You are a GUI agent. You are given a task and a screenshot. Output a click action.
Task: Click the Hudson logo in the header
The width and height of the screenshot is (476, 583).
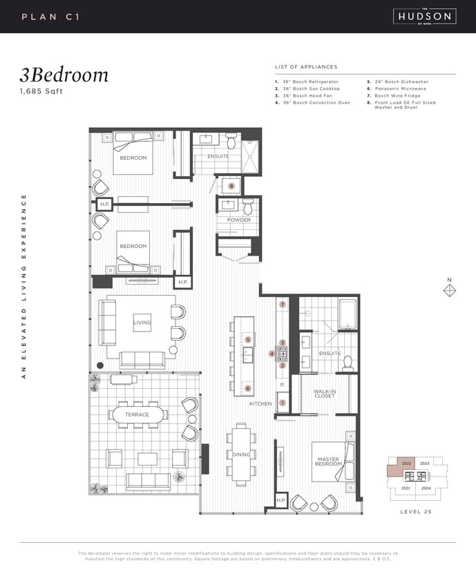pyautogui.click(x=424, y=16)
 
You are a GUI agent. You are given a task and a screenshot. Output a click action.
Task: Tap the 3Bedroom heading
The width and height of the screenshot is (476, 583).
pyautogui.click(x=64, y=75)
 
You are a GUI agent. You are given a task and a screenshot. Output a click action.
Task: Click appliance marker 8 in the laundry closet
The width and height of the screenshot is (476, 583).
pyautogui.click(x=231, y=186)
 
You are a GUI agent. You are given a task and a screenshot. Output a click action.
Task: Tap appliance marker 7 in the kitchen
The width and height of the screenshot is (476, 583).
pyautogui.click(x=282, y=304)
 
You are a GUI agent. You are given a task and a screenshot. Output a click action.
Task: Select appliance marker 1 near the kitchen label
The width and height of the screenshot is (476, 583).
pyautogui.click(x=282, y=403)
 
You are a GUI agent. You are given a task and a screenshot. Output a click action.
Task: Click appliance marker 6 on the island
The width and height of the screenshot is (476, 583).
pyautogui.click(x=248, y=388)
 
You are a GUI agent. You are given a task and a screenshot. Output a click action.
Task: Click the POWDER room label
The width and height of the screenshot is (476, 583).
pyautogui.click(x=238, y=220)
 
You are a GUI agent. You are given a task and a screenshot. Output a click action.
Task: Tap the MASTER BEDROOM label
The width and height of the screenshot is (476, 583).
pyautogui.click(x=328, y=461)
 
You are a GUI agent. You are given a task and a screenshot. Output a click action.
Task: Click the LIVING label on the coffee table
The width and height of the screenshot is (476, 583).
pyautogui.click(x=142, y=322)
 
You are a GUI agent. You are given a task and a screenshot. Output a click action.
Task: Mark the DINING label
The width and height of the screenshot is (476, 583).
pyautogui.click(x=241, y=454)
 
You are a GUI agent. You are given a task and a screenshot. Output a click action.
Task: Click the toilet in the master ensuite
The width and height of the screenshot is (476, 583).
pyautogui.click(x=348, y=362)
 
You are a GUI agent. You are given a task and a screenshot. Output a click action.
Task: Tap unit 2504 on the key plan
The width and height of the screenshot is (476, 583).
pyautogui.click(x=426, y=488)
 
